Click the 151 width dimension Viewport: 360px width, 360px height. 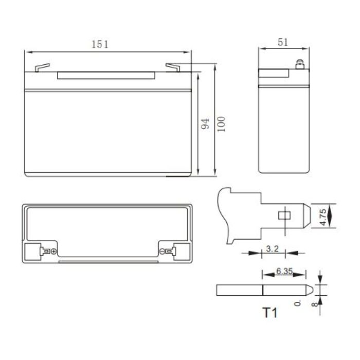(x=100, y=44)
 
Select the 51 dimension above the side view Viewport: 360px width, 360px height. (x=282, y=43)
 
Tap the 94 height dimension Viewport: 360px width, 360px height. (x=205, y=123)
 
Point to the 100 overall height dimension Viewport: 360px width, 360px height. (x=221, y=123)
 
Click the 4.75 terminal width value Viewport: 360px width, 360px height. (x=322, y=215)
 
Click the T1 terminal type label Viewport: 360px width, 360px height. (x=269, y=312)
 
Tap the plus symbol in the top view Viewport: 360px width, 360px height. (x=53, y=251)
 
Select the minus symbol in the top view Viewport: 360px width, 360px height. (x=162, y=251)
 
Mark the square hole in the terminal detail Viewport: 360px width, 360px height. (x=282, y=215)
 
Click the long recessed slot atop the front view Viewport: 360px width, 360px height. (x=106, y=75)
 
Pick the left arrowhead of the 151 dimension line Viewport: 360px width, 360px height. (x=28, y=51)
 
